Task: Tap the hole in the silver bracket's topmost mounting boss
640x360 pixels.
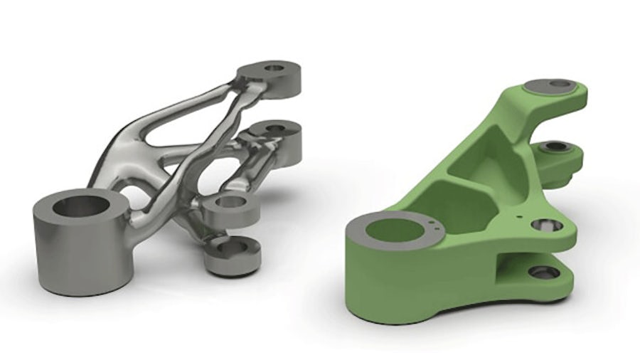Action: coord(272,69)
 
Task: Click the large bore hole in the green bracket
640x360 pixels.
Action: coord(393,229)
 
